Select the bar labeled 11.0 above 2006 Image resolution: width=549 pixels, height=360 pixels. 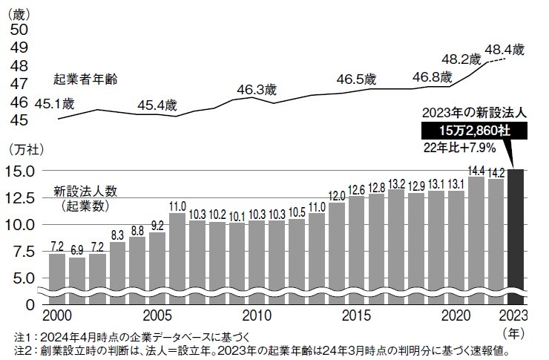pos(177,256)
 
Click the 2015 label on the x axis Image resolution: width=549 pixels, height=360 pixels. pos(357,314)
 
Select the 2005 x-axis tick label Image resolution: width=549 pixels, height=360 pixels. pos(157,314)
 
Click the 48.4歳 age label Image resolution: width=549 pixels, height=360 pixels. pos(504,50)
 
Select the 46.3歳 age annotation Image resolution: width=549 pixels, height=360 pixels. pos(256,90)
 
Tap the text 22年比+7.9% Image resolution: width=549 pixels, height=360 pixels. pos(471,146)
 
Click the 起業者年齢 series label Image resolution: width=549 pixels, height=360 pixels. pos(85,77)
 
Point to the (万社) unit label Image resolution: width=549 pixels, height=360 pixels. pos(22,149)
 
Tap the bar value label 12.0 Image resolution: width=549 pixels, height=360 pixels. pos(337,196)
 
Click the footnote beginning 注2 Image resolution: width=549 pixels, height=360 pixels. pos(260,349)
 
